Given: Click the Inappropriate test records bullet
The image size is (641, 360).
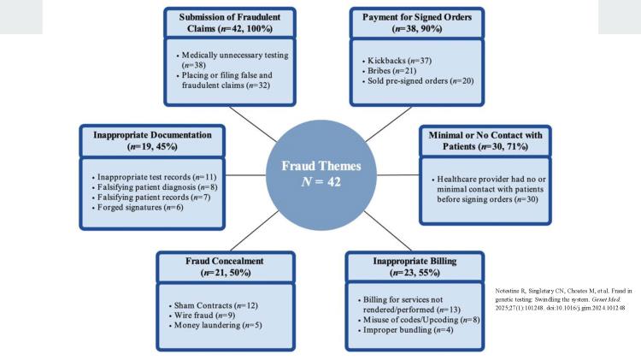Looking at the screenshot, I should coord(153,174).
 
